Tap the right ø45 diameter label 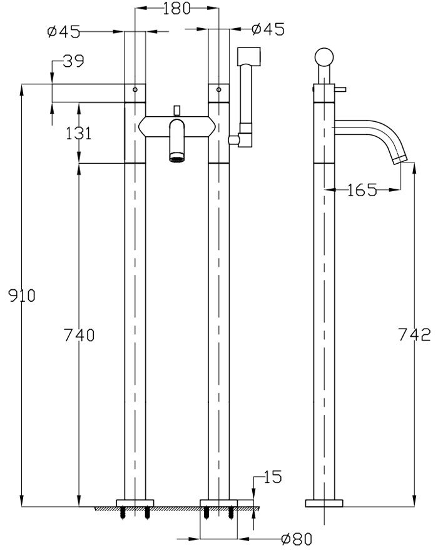pos(267,29)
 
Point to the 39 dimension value pos(74,61)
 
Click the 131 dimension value pos(78,133)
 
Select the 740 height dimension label pos(79,336)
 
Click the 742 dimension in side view pos(414,335)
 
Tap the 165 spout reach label pos(363,190)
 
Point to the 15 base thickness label pos(272,477)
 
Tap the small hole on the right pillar pos(218,89)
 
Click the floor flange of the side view pos(324,503)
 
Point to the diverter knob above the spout pos(178,111)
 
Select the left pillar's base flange pos(135,502)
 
